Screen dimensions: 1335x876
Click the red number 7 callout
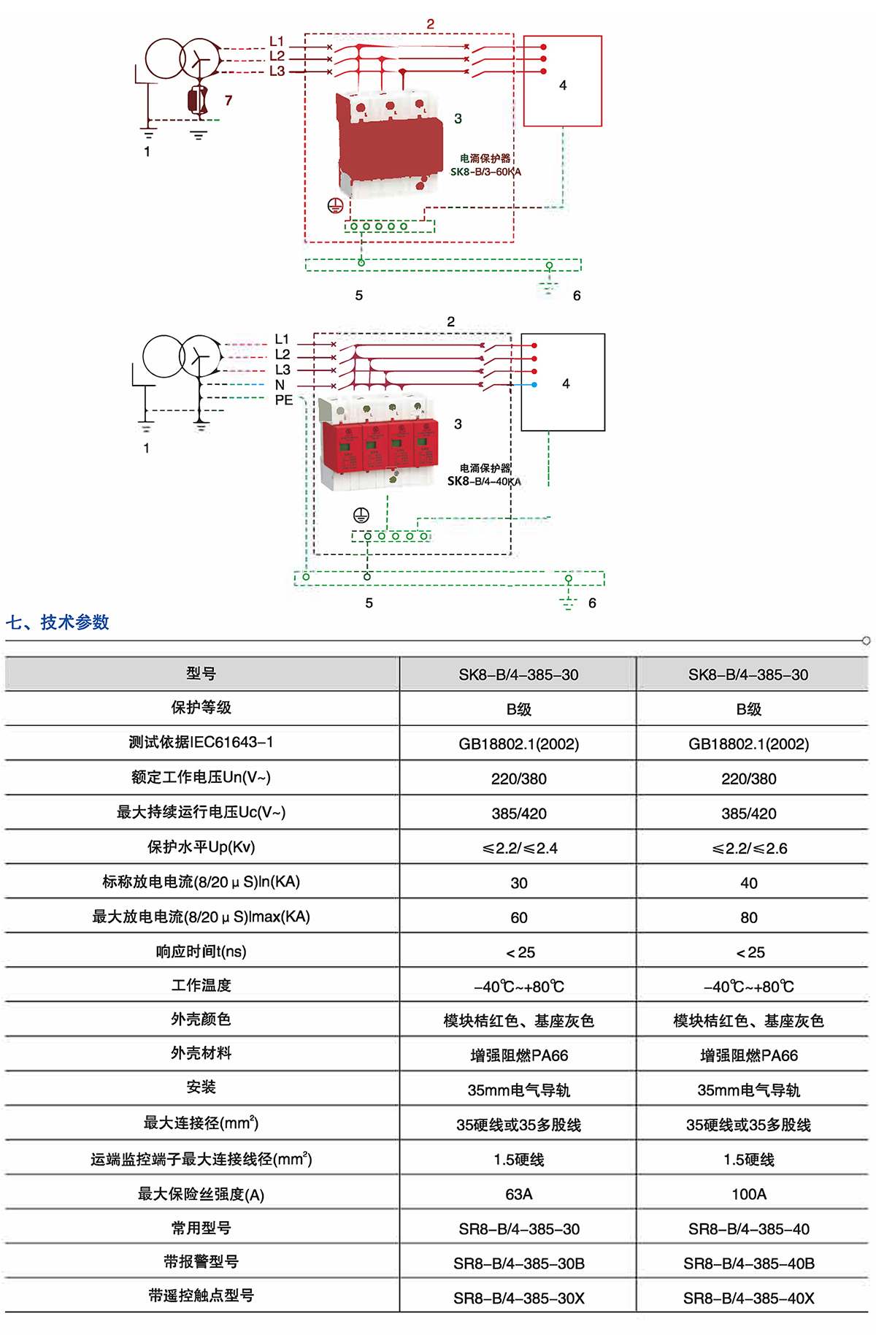point(228,100)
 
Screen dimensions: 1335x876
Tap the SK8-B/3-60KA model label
point(485,172)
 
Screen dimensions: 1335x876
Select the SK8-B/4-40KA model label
point(484,481)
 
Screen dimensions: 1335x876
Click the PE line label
point(283,400)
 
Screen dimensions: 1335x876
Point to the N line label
point(280,385)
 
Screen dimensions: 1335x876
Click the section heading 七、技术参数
point(58,622)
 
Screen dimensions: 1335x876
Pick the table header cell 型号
point(201,673)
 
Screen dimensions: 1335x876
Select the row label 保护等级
point(201,708)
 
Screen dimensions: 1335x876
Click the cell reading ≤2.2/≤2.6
point(749,848)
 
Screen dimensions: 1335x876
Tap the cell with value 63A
point(518,1194)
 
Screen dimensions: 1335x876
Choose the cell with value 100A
point(749,1194)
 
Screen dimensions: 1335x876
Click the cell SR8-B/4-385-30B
point(518,1263)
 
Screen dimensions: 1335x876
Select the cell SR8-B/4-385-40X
point(749,1298)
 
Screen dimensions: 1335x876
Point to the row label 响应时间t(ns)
point(201,952)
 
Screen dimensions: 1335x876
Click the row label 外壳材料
point(201,1053)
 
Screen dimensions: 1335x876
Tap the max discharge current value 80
point(749,917)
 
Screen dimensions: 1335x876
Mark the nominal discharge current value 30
point(518,883)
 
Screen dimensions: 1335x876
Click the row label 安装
point(201,1087)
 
